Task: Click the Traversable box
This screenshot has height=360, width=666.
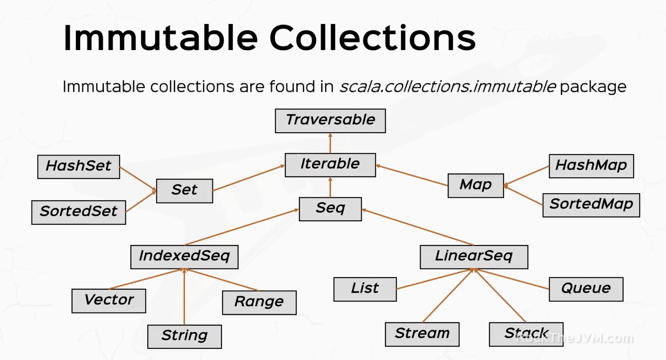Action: [x=330, y=121]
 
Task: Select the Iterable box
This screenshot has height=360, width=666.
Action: [x=330, y=165]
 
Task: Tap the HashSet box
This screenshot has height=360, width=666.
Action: [x=78, y=167]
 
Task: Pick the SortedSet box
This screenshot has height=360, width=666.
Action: [x=78, y=212]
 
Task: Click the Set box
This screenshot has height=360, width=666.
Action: [x=184, y=191]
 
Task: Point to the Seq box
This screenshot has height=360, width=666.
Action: [x=330, y=209]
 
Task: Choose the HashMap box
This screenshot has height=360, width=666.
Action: [x=591, y=166]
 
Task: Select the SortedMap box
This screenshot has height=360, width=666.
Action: [x=591, y=205]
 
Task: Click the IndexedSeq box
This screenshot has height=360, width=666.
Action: [x=184, y=257]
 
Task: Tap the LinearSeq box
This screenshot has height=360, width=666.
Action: [x=474, y=257]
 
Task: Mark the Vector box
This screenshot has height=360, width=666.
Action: [x=109, y=301]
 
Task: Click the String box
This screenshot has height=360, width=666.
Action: [x=184, y=337]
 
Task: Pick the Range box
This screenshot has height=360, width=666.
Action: [x=259, y=302]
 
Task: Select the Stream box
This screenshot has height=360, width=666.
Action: [x=422, y=334]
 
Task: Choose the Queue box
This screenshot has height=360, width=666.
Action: [x=586, y=289]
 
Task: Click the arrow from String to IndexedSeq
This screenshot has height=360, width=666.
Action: [x=184, y=297]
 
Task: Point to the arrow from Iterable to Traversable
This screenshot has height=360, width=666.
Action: [x=330, y=143]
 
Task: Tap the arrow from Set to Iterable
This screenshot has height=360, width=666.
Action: [x=249, y=178]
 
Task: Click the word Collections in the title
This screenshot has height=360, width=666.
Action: [x=372, y=38]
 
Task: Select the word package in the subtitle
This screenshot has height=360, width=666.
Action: [x=593, y=87]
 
